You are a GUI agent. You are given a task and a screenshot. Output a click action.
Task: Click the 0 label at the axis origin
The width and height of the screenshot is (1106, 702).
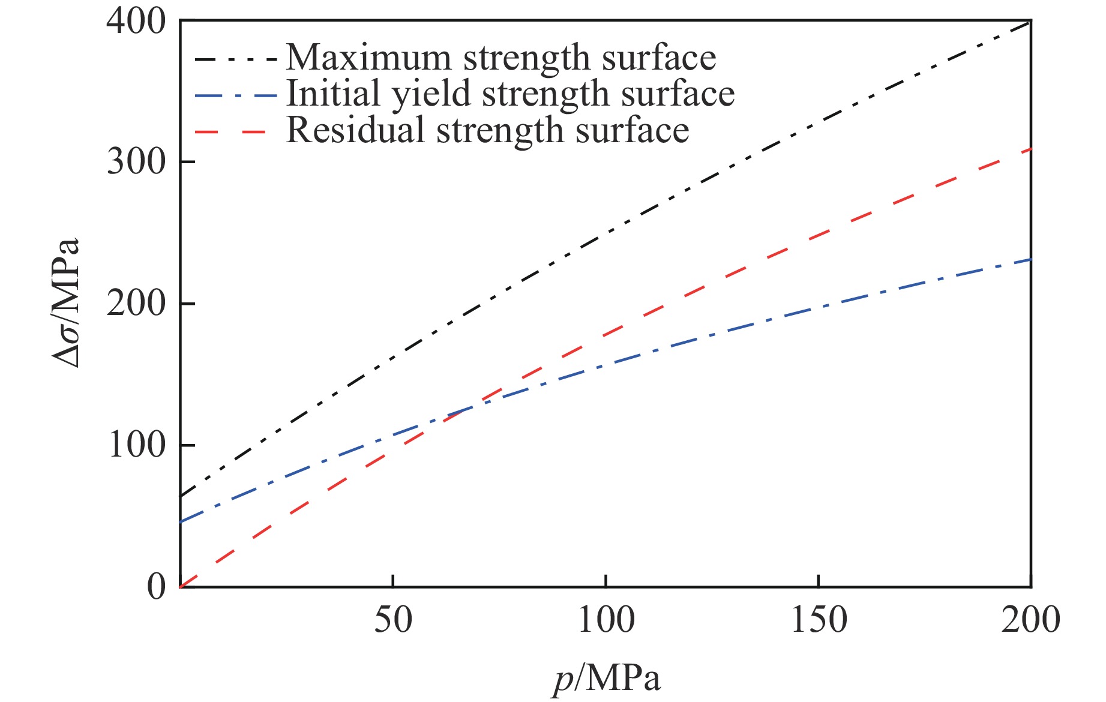pyautogui.click(x=157, y=586)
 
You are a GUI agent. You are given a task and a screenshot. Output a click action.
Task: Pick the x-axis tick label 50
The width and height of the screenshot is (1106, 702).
pyautogui.click(x=393, y=620)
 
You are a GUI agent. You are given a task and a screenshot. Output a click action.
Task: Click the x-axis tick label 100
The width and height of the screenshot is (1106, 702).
pyautogui.click(x=606, y=620)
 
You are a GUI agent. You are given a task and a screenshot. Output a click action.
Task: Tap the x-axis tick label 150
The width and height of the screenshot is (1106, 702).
pyautogui.click(x=819, y=620)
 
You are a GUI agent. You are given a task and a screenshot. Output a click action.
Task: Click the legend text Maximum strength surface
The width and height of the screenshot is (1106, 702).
pyautogui.click(x=500, y=58)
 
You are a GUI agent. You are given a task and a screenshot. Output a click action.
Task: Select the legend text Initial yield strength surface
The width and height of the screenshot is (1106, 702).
pyautogui.click(x=510, y=94)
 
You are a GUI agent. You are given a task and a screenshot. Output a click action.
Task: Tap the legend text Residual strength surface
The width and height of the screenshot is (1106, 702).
pyautogui.click(x=487, y=130)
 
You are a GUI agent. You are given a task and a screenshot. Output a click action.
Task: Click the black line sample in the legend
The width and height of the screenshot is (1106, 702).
pyautogui.click(x=236, y=59)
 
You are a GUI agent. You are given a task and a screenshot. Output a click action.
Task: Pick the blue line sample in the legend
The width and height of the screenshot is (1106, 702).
pyautogui.click(x=236, y=95)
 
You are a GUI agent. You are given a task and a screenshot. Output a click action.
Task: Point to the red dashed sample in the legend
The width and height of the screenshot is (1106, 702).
pyautogui.click(x=231, y=131)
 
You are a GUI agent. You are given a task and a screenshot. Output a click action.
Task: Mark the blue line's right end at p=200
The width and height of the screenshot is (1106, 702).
pyautogui.click(x=1030, y=259)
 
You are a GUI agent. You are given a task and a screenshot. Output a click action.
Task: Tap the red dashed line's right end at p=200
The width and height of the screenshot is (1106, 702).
pyautogui.click(x=1030, y=149)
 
